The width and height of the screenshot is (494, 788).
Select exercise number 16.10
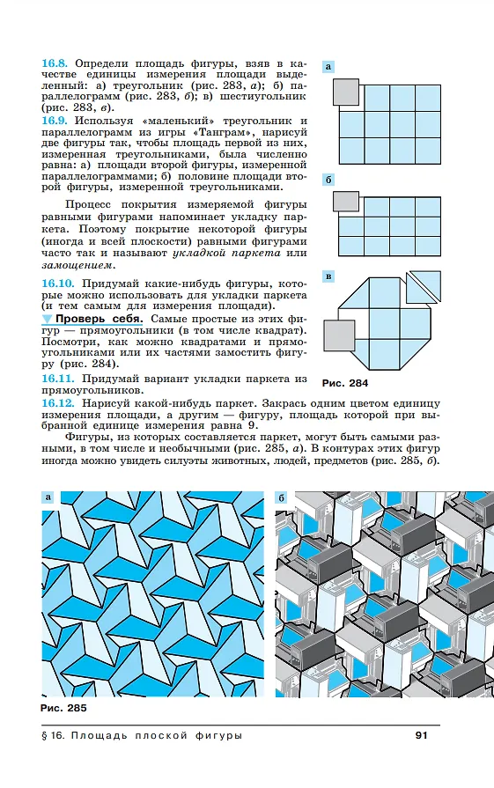click(58, 284)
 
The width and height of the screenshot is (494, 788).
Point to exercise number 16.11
click(58, 379)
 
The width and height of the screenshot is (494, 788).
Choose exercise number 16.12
click(58, 403)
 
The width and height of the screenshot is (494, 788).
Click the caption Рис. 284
click(345, 383)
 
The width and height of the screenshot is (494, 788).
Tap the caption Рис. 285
click(63, 708)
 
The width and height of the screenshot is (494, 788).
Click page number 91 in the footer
click(421, 735)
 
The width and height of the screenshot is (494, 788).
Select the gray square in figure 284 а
click(346, 92)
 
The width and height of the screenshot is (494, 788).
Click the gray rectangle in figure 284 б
click(346, 201)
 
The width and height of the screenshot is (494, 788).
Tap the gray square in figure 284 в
click(339, 335)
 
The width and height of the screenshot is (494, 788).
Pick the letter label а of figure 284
click(328, 66)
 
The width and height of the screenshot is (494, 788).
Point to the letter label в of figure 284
click(328, 276)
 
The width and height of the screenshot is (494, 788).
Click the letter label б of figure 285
click(282, 497)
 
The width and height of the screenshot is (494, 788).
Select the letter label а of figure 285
click(48, 497)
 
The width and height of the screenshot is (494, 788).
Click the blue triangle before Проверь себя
click(47, 319)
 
